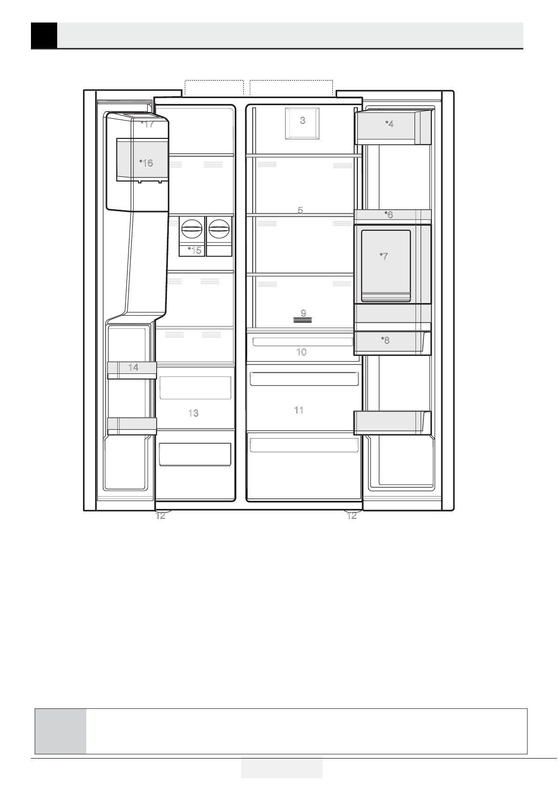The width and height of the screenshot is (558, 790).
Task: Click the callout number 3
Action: click(302, 120)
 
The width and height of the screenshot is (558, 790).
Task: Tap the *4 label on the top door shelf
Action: click(389, 124)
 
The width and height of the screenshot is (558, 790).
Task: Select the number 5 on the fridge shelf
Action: click(300, 210)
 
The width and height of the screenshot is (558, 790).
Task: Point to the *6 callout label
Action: click(388, 214)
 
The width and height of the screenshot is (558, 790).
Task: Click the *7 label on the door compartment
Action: click(384, 256)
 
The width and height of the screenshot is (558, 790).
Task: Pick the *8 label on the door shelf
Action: click(385, 340)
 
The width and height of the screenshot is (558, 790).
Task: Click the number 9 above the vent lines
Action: click(303, 313)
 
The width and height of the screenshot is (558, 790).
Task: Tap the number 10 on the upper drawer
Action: click(302, 352)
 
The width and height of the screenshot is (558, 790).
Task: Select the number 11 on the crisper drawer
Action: click(299, 410)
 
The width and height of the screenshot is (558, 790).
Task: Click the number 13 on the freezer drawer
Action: click(194, 413)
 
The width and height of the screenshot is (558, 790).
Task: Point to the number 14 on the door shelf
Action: click(133, 367)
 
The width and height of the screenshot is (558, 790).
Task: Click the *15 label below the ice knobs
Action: click(194, 250)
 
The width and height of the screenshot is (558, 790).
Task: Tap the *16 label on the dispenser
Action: click(146, 163)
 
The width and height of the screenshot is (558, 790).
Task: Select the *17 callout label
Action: click(147, 124)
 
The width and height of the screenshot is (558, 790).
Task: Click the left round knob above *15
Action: click(192, 229)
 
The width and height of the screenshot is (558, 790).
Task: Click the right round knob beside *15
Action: click(219, 229)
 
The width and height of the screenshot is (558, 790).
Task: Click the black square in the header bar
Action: click(44, 35)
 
